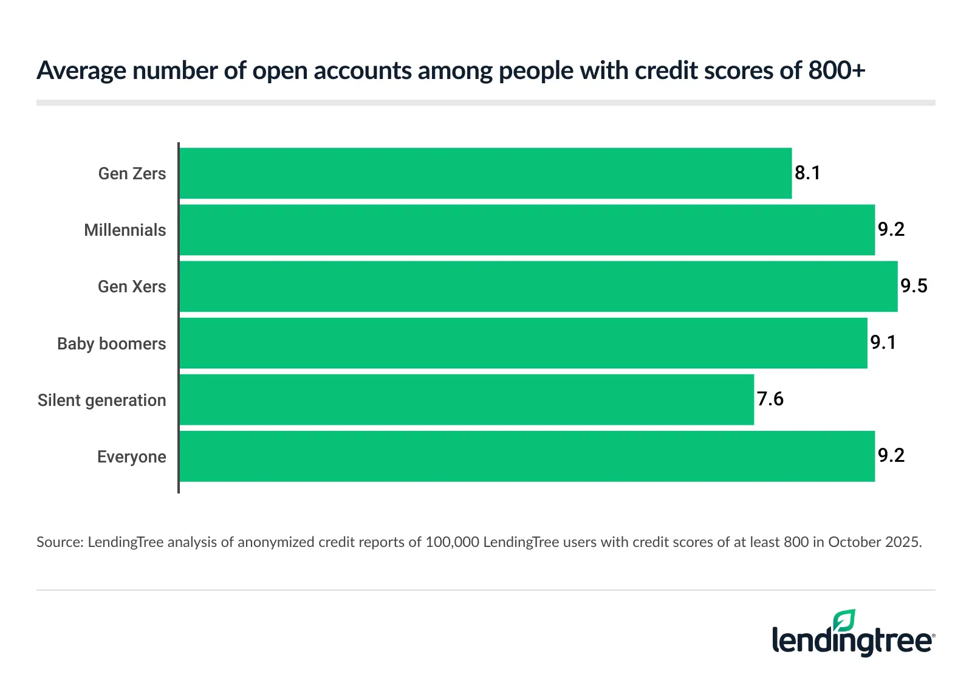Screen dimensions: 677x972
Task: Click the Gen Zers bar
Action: (x=485, y=173)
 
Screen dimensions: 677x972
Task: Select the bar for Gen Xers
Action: (x=538, y=286)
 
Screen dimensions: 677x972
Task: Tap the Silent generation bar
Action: (x=467, y=400)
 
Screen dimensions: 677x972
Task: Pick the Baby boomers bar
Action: (x=523, y=343)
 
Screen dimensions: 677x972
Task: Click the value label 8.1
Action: (x=807, y=173)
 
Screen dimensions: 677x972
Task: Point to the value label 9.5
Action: (x=914, y=286)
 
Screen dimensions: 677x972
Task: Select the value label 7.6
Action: (x=770, y=399)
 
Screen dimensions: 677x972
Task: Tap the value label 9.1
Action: (x=883, y=343)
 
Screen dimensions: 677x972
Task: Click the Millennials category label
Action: (x=125, y=230)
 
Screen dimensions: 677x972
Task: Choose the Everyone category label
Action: (x=132, y=457)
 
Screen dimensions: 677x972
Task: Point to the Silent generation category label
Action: (x=102, y=400)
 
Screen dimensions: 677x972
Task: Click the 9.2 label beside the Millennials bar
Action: (x=891, y=230)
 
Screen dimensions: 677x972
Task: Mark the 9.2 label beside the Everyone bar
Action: (x=891, y=456)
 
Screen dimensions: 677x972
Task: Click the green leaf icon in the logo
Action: (x=844, y=621)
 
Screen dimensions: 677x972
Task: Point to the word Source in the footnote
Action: (x=58, y=542)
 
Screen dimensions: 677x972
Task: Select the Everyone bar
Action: (x=527, y=456)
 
